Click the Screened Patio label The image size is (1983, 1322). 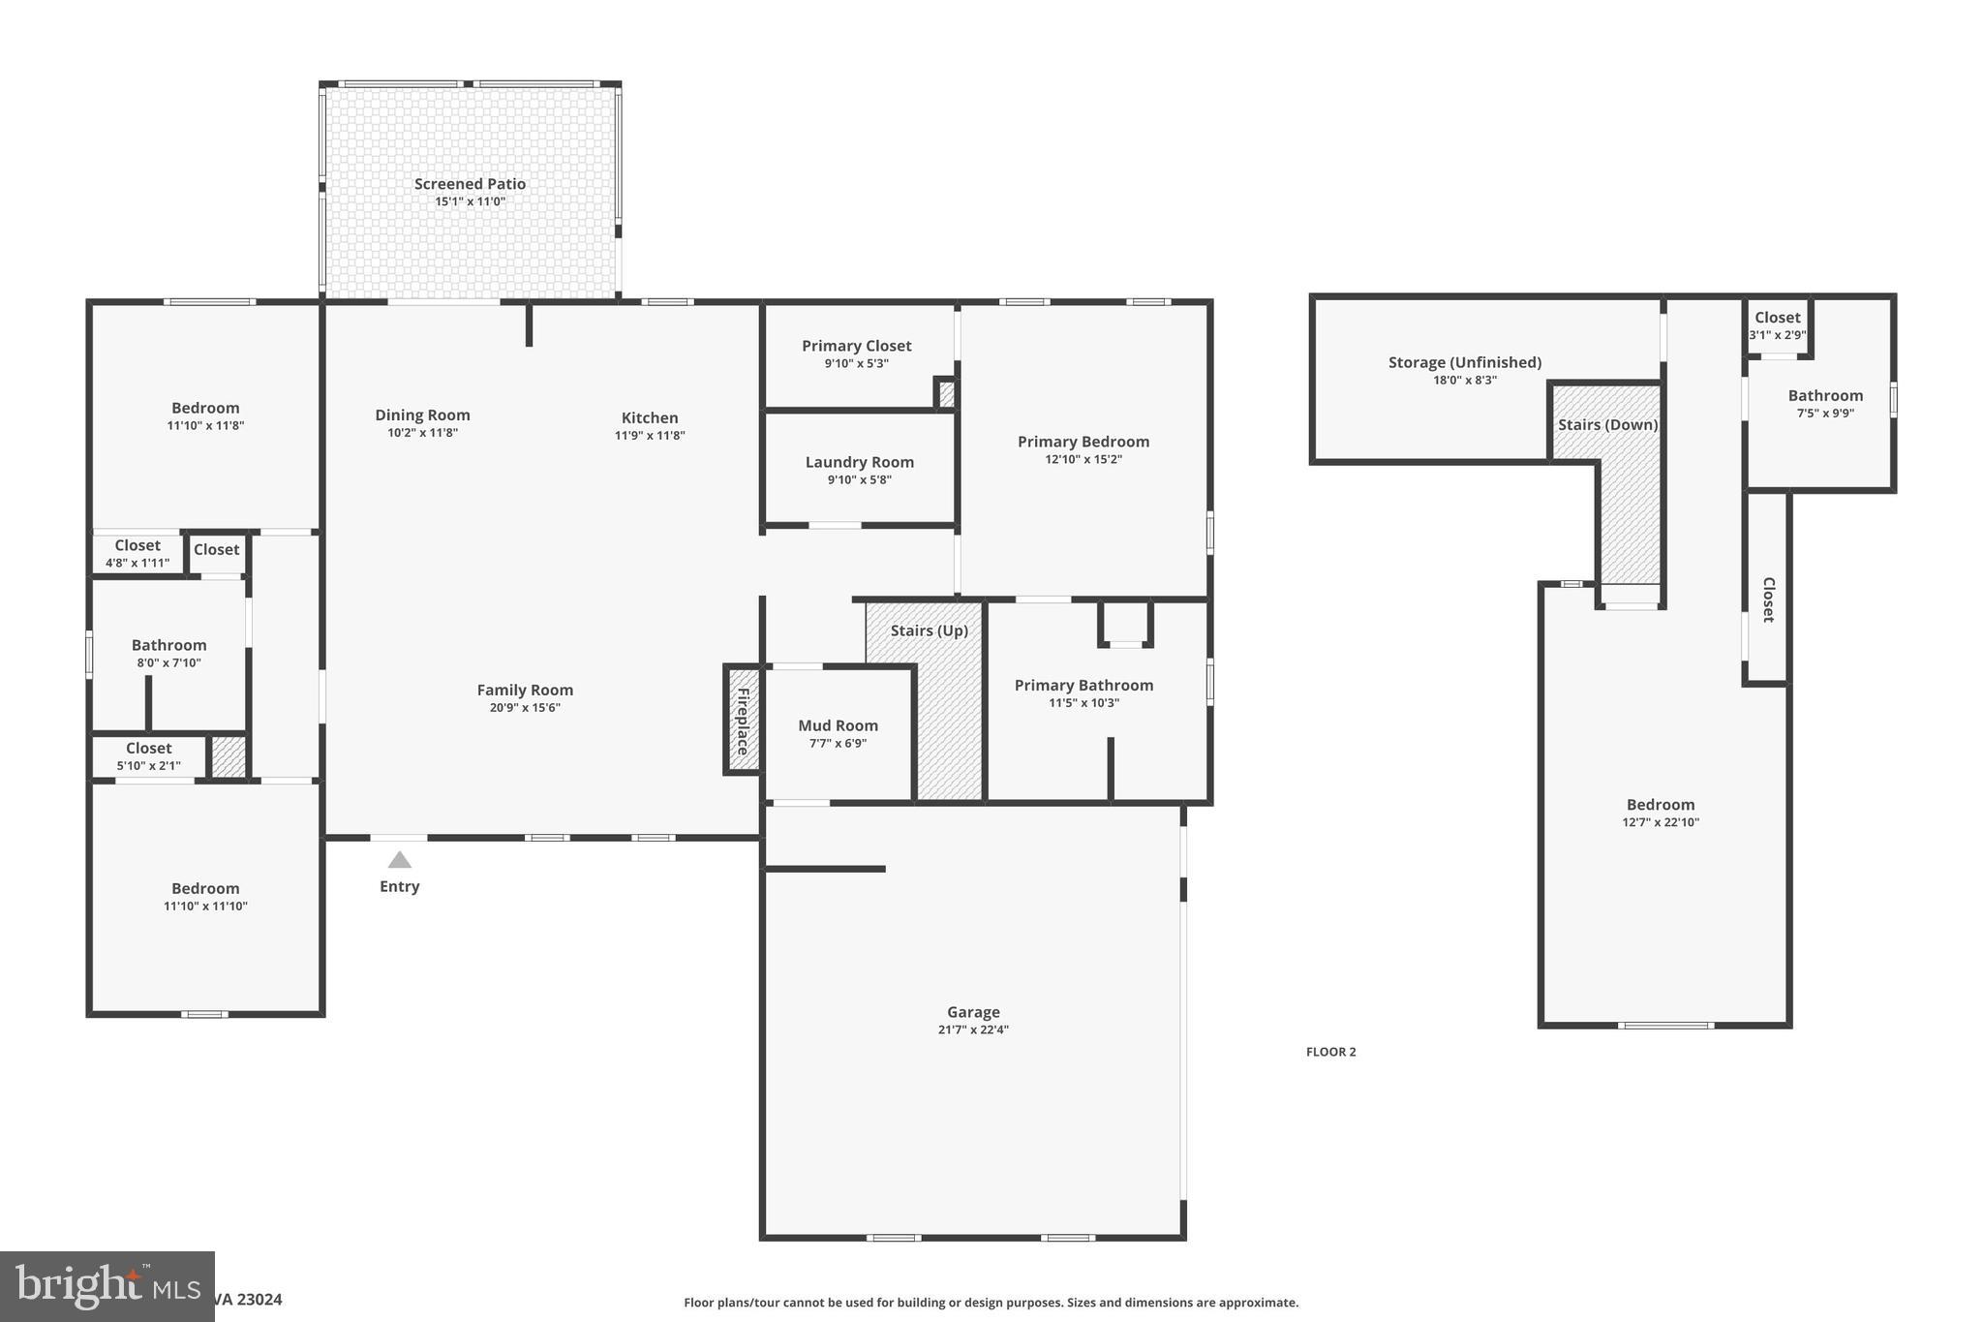(x=470, y=184)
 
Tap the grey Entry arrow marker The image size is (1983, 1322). (x=400, y=860)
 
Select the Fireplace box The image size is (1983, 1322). (x=743, y=720)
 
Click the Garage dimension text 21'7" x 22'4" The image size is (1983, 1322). (x=973, y=1030)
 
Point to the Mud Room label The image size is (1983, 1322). (x=838, y=725)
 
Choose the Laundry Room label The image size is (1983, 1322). (x=859, y=462)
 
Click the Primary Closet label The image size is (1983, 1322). (x=856, y=346)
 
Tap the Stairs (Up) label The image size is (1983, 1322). (x=929, y=630)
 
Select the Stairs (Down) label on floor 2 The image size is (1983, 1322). (x=1607, y=425)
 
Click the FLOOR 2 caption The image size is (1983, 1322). (x=1330, y=1052)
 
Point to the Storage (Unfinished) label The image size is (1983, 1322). (x=1464, y=362)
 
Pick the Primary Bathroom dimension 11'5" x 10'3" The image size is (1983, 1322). (x=1083, y=703)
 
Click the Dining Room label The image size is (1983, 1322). (x=422, y=415)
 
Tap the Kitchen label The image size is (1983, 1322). (x=650, y=418)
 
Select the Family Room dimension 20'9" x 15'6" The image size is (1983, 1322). (x=525, y=708)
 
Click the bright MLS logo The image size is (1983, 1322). (x=107, y=1285)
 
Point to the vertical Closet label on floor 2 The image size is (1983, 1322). (x=1768, y=600)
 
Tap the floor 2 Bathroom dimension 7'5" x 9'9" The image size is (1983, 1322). (x=1825, y=414)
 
